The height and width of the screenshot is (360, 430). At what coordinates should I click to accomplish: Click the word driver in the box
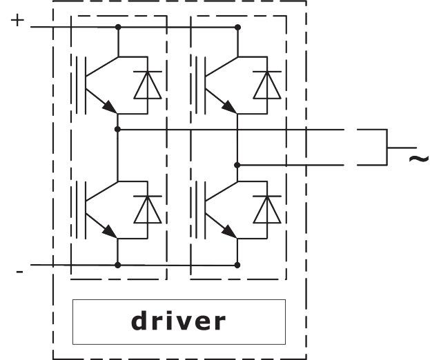178,321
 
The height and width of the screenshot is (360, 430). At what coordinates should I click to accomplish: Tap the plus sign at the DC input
19,20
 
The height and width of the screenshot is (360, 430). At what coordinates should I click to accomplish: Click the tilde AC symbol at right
419,159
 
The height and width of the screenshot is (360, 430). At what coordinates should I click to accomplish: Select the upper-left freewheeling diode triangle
147,86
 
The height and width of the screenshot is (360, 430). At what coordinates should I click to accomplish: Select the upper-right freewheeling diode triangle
266,86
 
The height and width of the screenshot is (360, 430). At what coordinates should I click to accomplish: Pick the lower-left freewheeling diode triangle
147,210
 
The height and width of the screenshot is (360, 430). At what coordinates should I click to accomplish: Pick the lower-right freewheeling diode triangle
266,210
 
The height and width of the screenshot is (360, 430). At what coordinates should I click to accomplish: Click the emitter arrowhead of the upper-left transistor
108,106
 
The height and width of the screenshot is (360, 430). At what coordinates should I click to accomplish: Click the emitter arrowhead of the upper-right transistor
227,106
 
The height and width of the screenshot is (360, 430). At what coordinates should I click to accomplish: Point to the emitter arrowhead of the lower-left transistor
108,232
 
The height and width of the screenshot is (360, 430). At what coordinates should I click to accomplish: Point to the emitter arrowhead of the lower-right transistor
227,232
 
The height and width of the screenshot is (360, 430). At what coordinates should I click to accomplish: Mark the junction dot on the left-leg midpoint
118,129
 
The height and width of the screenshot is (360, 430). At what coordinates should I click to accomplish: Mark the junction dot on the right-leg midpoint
237,165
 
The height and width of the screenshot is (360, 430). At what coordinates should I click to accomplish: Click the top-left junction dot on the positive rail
118,28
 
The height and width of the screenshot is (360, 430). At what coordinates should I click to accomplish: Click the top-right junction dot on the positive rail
237,28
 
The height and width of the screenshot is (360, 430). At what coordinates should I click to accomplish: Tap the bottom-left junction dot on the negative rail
118,264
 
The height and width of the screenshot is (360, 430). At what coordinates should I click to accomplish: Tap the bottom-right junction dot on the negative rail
237,264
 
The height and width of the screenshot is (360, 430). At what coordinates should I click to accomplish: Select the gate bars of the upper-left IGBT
80,84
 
